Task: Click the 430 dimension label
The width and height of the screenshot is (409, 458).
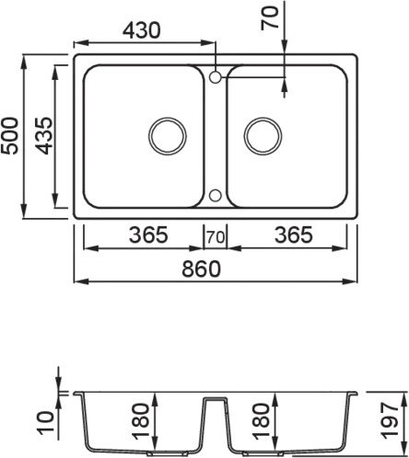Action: (142, 30)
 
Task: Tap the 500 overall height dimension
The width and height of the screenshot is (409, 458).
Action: (9, 135)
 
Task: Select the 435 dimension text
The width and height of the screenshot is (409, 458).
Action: (43, 135)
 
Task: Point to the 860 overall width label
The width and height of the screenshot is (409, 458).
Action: (202, 269)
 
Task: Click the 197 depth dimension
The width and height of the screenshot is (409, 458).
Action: (390, 421)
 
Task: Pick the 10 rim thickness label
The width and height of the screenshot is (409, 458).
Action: (45, 423)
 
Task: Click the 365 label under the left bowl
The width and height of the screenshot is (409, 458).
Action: (148, 235)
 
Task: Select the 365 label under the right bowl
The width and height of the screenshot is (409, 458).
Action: (294, 235)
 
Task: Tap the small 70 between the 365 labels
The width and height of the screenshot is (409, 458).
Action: (216, 237)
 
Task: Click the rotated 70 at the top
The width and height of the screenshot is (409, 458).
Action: (270, 18)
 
